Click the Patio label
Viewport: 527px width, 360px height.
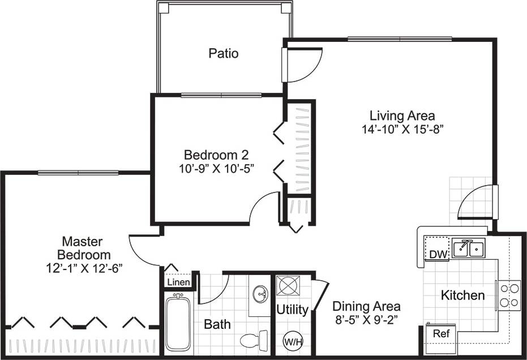coord(223,54)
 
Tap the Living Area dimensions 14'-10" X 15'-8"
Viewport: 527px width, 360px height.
coord(402,129)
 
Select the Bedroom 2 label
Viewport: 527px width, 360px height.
coord(216,155)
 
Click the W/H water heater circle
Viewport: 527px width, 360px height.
coord(292,341)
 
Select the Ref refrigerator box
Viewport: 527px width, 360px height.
coord(440,334)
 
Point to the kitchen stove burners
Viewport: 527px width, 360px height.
coord(508,295)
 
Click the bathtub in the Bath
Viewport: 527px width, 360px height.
coord(178,323)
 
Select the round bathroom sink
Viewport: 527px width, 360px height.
coord(260,293)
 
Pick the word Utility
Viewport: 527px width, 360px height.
coord(292,310)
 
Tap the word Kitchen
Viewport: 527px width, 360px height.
coord(462,295)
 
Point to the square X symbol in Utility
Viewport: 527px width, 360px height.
coord(288,285)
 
